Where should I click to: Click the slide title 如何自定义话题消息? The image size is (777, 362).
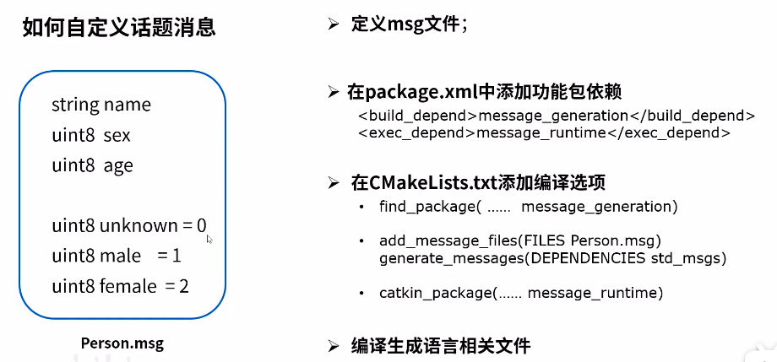point(119,29)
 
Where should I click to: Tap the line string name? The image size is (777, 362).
point(101,105)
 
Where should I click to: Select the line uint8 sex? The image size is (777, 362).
point(91,135)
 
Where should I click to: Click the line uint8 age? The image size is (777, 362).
point(92,165)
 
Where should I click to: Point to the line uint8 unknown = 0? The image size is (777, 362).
point(128,225)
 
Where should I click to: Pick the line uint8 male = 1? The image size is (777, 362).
point(117,255)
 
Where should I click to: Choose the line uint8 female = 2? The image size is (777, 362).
point(120,286)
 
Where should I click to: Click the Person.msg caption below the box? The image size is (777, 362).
point(122,343)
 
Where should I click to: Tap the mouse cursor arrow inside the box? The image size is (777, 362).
point(209,239)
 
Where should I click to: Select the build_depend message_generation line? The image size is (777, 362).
point(557,116)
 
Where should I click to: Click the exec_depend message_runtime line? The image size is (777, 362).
point(544,132)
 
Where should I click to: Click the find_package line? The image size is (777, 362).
point(529,206)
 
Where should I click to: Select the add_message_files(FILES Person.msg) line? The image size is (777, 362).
point(520,240)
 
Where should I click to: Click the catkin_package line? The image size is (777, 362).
point(521,293)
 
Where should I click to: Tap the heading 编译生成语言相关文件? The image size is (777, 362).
point(440,345)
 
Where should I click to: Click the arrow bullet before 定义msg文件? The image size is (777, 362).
point(333,24)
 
